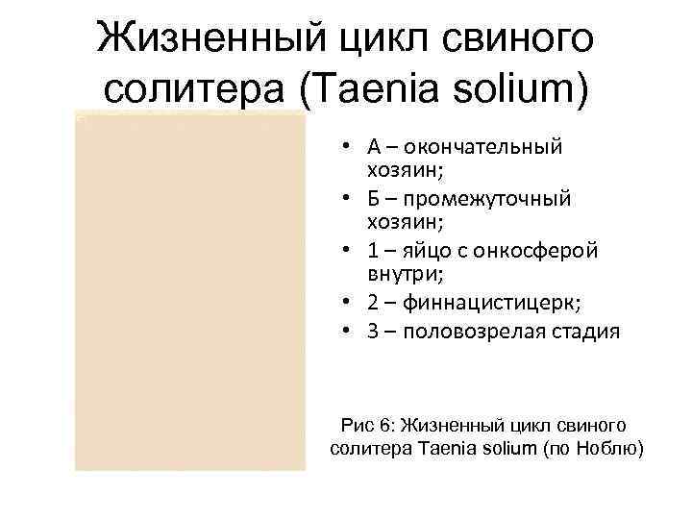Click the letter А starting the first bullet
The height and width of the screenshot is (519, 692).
click(373, 148)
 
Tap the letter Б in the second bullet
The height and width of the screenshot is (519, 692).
click(373, 199)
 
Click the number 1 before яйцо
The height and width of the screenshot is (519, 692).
click(372, 250)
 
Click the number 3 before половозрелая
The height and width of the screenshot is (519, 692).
click(372, 333)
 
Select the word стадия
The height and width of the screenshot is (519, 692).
click(571, 333)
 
